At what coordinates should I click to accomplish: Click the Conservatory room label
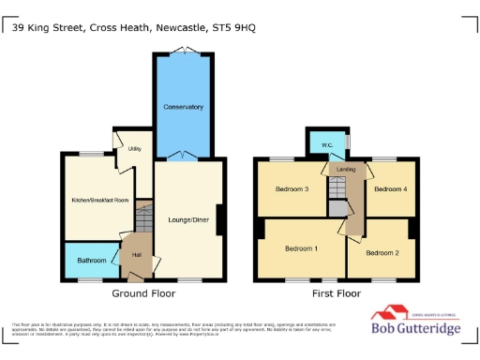pos(183,107)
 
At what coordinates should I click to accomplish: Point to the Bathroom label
pos(92,260)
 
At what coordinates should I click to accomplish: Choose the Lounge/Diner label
pos(189,219)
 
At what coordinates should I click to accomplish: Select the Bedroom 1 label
pos(302,248)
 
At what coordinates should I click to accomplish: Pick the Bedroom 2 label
pos(382,253)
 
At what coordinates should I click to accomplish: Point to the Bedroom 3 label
pos(292,189)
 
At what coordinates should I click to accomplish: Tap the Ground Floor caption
pos(143,293)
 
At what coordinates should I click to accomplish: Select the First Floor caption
pos(336,293)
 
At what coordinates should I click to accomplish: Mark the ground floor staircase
pos(142,222)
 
